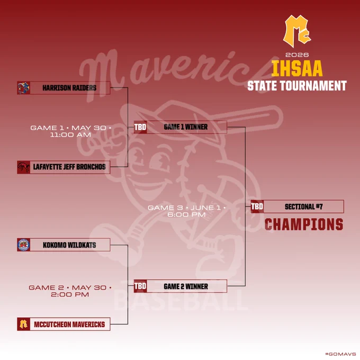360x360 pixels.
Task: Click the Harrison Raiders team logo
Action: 24,88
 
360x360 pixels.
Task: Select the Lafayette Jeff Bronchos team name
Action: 69,167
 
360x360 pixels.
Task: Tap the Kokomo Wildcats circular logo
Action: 24,245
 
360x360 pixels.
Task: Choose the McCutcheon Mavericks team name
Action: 69,324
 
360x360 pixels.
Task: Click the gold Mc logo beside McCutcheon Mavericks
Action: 24,324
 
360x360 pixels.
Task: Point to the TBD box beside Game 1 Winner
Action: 140,127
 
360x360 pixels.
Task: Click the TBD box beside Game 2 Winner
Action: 140,286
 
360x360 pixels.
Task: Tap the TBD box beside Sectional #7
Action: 257,206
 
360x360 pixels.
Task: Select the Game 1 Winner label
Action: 186,127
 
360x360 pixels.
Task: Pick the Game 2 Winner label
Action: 186,286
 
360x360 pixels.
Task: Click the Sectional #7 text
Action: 304,206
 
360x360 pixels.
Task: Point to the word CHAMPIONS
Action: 304,224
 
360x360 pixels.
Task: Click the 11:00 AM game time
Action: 70,135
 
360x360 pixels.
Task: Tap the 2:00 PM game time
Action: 70,294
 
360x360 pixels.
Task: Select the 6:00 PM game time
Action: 186,214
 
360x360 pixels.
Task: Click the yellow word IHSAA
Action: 297,68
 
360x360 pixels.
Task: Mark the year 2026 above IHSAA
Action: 297,55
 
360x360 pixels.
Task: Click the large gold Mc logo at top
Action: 297,31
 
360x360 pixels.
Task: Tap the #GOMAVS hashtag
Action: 341,354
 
